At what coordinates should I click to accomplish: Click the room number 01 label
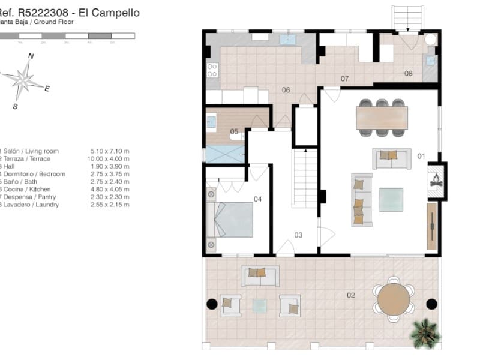(421, 157)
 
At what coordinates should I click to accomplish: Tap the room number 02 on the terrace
(351, 295)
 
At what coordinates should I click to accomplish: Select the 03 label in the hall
(298, 235)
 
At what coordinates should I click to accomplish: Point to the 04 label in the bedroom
(258, 199)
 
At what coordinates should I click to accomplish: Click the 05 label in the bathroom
(235, 131)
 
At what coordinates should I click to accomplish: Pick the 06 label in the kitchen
(286, 90)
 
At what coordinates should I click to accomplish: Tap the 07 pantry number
(345, 79)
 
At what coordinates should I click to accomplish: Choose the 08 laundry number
(409, 74)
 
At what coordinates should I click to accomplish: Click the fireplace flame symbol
(436, 179)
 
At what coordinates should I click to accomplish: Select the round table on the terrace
(394, 296)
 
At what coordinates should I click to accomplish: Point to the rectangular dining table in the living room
(382, 117)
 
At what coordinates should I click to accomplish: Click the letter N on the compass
(31, 56)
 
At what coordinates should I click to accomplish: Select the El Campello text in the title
(113, 13)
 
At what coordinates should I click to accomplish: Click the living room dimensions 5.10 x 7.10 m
(110, 151)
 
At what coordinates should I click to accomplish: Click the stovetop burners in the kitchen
(212, 70)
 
